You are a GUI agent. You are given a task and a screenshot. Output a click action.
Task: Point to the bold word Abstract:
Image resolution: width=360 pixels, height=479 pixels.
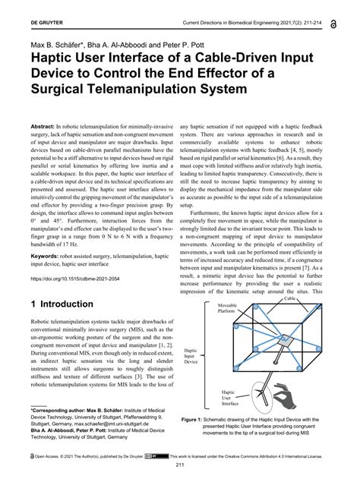coord(44,124)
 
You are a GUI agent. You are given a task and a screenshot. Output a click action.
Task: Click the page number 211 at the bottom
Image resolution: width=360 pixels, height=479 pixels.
coord(181,465)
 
